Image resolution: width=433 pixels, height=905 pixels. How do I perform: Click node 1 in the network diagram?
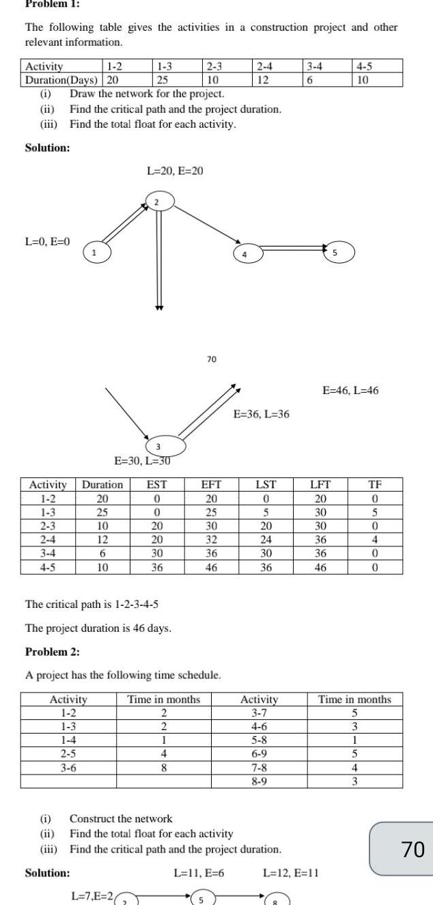pos(96,254)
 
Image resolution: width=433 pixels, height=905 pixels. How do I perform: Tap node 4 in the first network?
pos(244,254)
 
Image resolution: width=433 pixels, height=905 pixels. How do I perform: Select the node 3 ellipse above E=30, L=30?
pos(158,446)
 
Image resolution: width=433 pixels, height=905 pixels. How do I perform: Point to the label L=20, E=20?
pos(175,170)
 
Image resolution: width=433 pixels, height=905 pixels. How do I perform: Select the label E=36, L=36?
pos(262,413)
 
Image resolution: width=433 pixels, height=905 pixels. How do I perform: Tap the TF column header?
pos(375,485)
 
